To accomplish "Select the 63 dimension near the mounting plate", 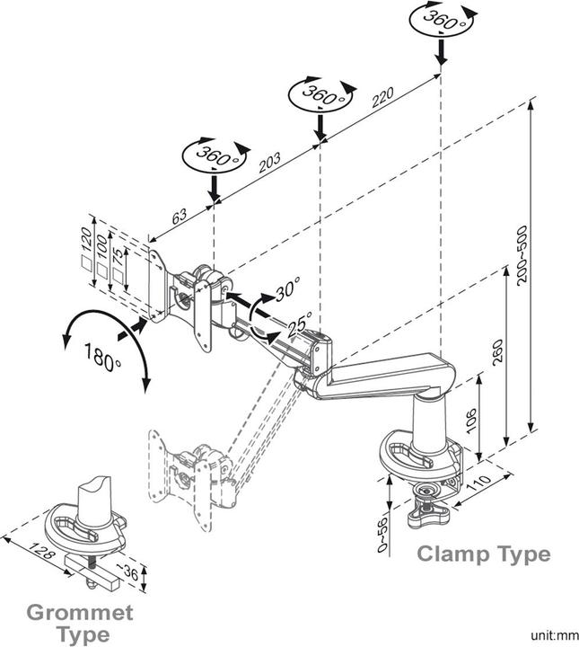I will click(180, 217).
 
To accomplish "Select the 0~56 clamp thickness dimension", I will click(381, 533).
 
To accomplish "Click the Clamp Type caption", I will click(483, 554).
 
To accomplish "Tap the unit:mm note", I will click(549, 633).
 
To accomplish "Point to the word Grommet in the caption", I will click(79, 613).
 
